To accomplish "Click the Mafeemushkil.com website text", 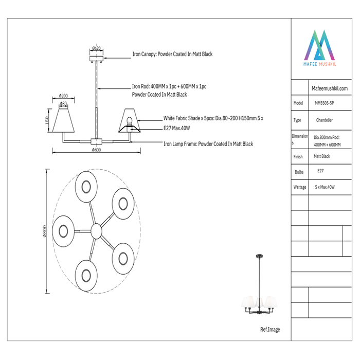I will click(330, 88).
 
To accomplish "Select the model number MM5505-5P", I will click(326, 103).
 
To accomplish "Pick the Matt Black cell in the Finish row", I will click(322, 156).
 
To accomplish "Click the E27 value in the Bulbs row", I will click(320, 171).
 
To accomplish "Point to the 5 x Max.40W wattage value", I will click(325, 187).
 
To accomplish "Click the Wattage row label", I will click(300, 188).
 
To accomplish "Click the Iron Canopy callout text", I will click(172, 54).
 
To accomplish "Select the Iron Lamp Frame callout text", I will click(208, 145).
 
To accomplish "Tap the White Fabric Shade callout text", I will click(213, 118).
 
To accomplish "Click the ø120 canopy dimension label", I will click(96, 48).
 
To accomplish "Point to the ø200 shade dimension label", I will click(64, 96).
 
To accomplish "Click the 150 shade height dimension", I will click(47, 120).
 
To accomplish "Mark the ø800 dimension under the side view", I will click(96, 151).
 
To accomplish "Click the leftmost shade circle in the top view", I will click(63, 229).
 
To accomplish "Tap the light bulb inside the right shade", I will click(130, 121).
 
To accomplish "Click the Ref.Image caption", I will click(270, 330).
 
